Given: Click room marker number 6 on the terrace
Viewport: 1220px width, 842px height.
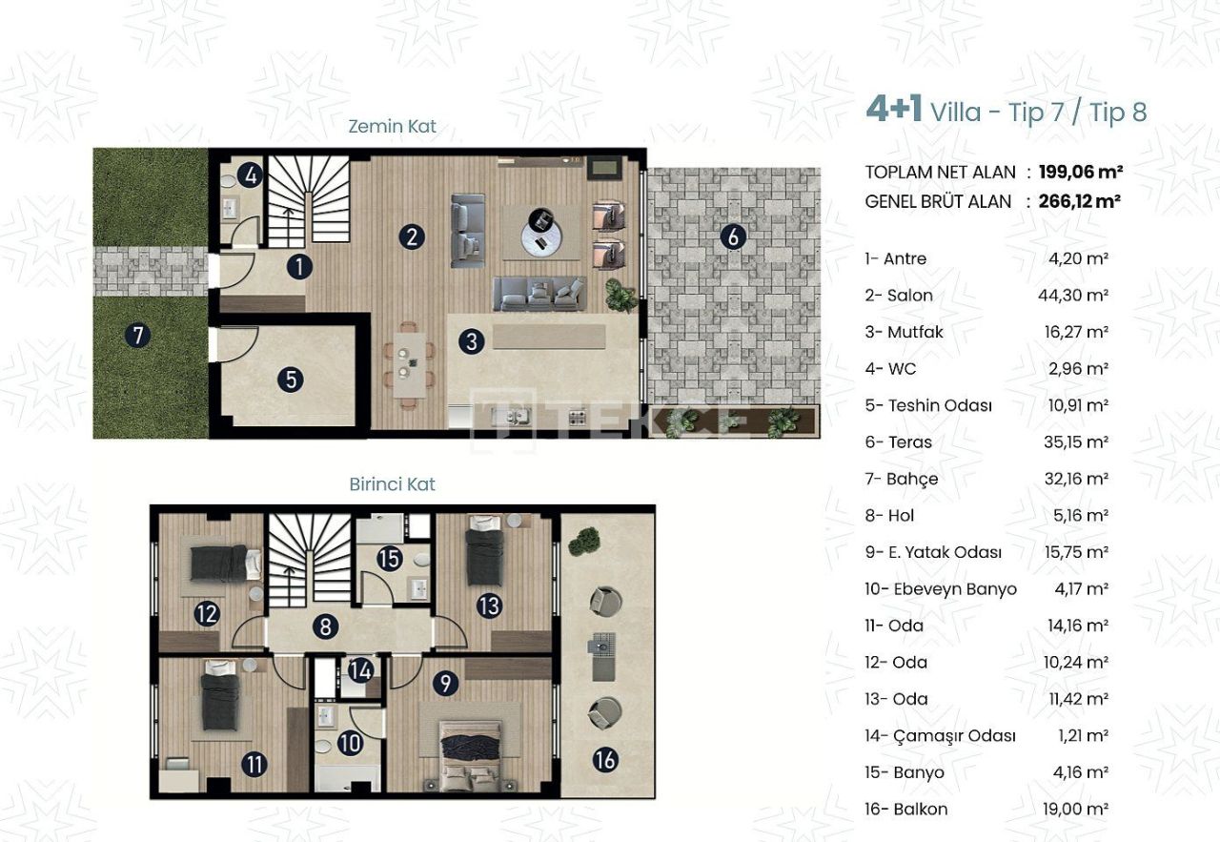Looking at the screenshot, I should (x=732, y=236).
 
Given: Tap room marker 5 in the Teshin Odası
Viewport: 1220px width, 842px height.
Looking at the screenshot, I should (x=291, y=380).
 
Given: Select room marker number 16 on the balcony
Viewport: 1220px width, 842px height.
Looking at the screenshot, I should (x=605, y=760).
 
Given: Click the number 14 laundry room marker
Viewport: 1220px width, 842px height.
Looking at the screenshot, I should (x=359, y=670).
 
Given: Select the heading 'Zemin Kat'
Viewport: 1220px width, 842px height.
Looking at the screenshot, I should (x=392, y=127).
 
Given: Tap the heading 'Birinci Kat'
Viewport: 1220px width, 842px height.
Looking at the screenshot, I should (x=392, y=484).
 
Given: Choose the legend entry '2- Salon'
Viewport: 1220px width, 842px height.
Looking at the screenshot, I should (x=899, y=296).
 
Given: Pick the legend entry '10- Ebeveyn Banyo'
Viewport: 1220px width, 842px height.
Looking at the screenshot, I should (x=941, y=589).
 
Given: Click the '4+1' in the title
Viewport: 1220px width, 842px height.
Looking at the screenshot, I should (x=894, y=110).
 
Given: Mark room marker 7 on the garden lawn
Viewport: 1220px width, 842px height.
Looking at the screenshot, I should (x=139, y=335).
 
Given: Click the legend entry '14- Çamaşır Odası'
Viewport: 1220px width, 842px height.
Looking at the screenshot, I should (x=940, y=736).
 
